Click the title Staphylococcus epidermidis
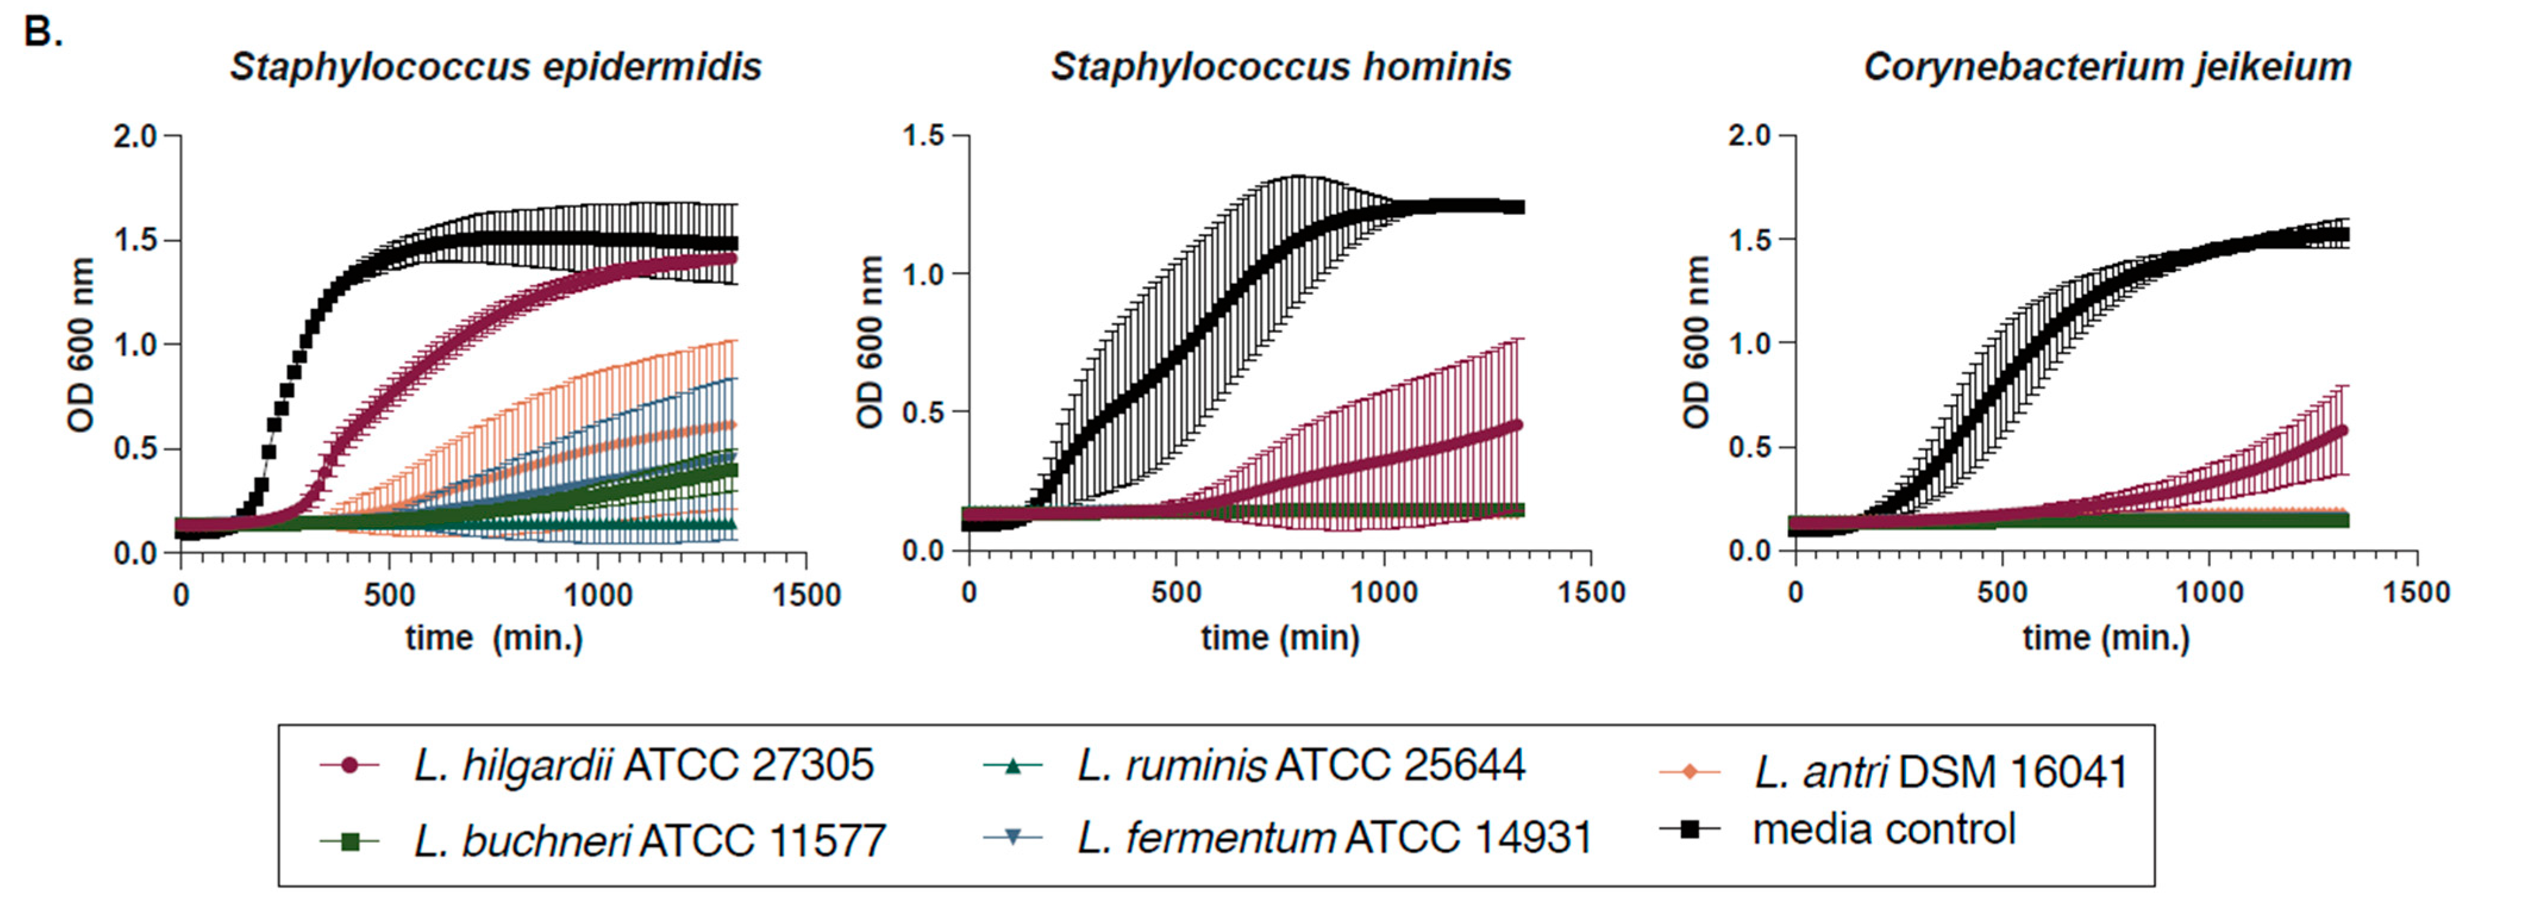(495, 67)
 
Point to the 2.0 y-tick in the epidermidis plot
(136, 136)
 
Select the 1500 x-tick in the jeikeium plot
(2416, 593)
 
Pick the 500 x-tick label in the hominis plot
(1176, 593)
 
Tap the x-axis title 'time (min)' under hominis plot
(1280, 638)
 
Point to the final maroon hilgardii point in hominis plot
(1518, 425)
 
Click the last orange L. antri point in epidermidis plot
(731, 425)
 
